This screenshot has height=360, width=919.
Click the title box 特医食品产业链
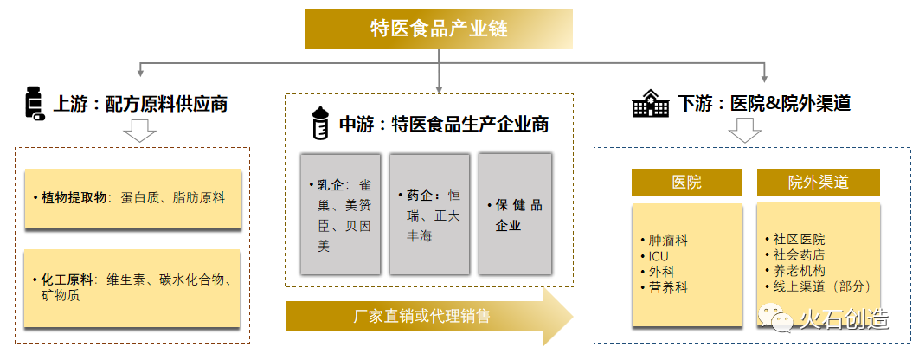(x=439, y=29)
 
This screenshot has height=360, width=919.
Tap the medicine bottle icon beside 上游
(x=35, y=103)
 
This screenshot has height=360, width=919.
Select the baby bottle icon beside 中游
(x=320, y=125)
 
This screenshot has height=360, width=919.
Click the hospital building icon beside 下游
(x=651, y=104)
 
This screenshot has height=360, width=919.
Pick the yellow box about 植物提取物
(x=132, y=198)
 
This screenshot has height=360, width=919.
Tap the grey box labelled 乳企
(x=340, y=215)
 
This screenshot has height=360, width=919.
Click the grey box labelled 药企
(x=429, y=215)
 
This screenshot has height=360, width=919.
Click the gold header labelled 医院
(x=686, y=183)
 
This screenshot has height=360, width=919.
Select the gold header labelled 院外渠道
(x=818, y=183)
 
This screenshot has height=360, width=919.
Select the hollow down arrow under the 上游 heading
(x=139, y=132)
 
